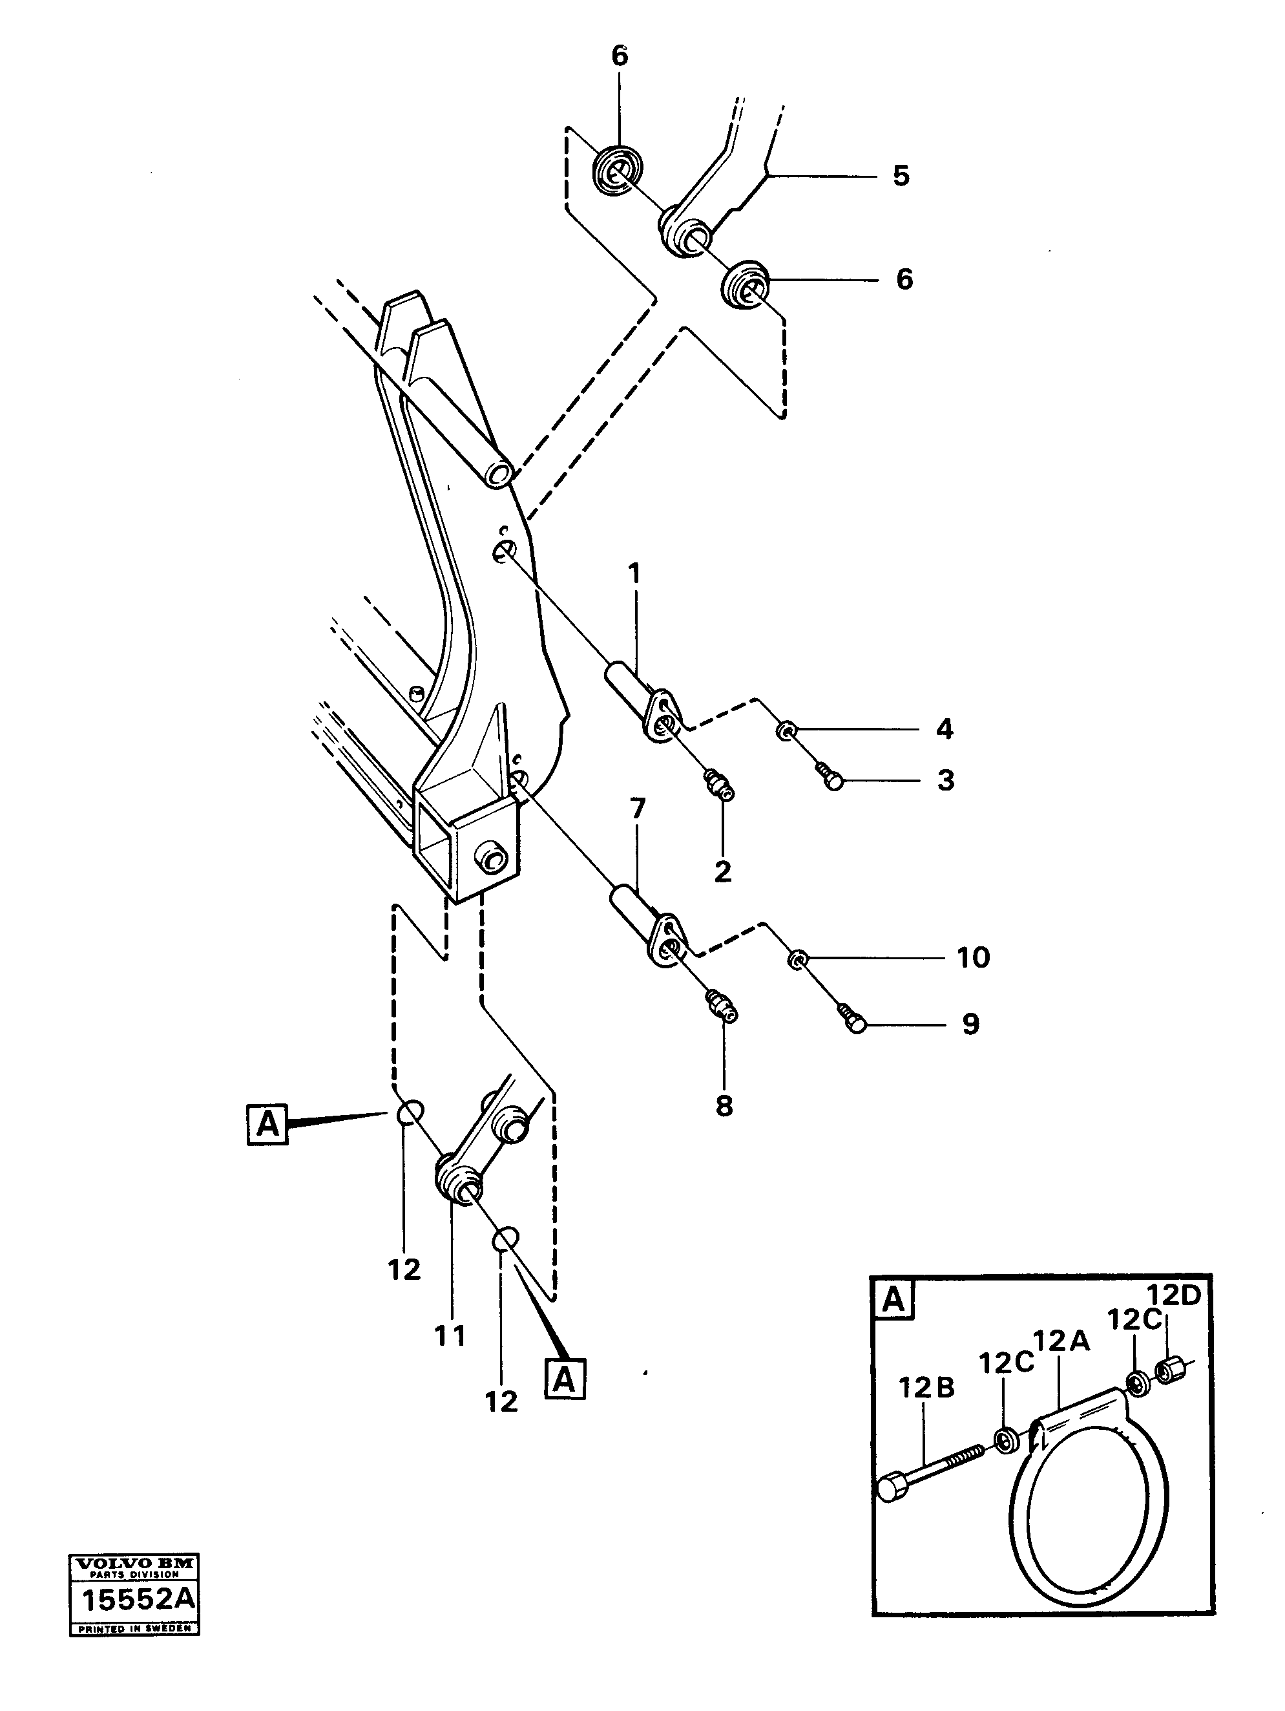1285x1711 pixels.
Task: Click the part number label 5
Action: click(x=901, y=176)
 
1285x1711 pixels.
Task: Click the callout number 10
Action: click(x=974, y=957)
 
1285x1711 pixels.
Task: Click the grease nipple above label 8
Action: click(x=722, y=1007)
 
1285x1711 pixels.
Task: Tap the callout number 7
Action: click(x=636, y=810)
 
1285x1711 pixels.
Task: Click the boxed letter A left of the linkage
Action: click(x=267, y=1124)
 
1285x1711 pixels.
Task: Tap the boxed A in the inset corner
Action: click(x=893, y=1299)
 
